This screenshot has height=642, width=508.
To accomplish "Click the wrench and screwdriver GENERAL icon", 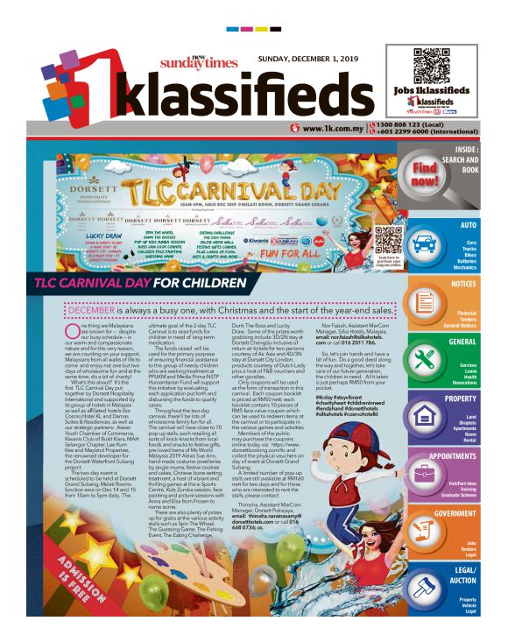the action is coord(427,358).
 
